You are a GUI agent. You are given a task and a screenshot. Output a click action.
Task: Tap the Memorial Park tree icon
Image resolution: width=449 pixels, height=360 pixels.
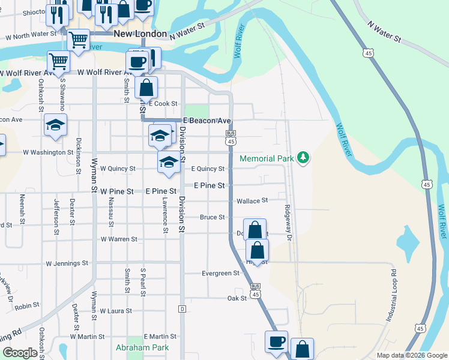[x=304, y=158]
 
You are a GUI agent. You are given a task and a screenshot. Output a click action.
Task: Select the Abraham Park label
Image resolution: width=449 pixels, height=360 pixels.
[x=143, y=347]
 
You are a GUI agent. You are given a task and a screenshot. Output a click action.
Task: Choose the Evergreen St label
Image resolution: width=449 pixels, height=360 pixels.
[x=220, y=274]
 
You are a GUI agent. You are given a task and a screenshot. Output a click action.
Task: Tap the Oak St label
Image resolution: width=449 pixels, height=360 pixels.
[x=237, y=298]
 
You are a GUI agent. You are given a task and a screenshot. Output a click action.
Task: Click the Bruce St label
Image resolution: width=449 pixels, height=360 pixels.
[x=212, y=217]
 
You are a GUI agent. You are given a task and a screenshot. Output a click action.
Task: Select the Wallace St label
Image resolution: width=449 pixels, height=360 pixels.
[x=252, y=201]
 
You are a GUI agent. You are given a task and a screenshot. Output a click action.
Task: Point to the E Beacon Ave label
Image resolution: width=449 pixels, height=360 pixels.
[x=207, y=121]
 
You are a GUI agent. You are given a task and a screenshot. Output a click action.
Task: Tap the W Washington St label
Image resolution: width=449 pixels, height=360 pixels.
[x=48, y=152]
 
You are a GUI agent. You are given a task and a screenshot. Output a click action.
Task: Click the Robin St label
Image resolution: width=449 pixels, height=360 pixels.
[x=28, y=306]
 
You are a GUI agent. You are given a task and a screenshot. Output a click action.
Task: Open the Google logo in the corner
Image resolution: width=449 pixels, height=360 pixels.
[x=20, y=353]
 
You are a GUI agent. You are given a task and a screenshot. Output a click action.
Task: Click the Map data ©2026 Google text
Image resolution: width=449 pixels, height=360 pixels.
[x=411, y=355]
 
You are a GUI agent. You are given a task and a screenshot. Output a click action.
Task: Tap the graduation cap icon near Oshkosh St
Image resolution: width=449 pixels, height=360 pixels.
[x=55, y=125]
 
